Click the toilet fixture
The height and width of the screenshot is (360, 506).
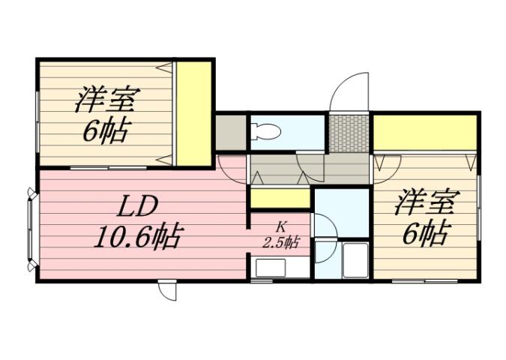pos(267,132)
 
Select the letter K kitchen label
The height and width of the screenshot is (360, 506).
pos(281,226)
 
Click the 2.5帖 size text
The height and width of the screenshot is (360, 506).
pos(281,242)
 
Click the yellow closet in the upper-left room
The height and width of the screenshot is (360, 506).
pos(193,112)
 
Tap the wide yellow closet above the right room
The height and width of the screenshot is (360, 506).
pos(424,133)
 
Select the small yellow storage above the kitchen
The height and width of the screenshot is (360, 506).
pos(280,199)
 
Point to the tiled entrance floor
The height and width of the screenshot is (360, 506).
pos(349,133)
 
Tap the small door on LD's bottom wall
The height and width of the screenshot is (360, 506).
pos(168,289)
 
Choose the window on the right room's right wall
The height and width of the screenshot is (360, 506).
pos(478,218)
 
